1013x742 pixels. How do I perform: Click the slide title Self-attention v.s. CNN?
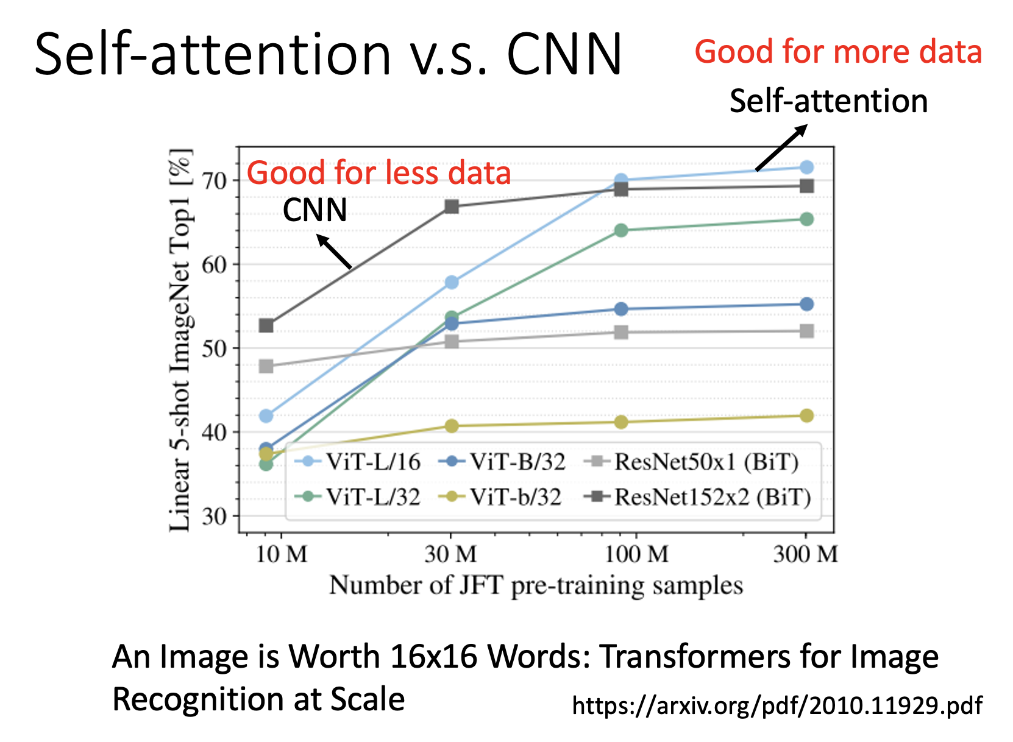(x=328, y=55)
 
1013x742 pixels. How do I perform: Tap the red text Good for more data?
(x=838, y=52)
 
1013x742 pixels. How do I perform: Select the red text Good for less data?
(x=379, y=173)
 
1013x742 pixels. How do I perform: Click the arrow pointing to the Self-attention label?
(x=781, y=147)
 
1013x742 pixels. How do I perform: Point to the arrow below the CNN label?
(x=335, y=252)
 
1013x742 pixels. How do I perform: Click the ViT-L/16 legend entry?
(x=358, y=462)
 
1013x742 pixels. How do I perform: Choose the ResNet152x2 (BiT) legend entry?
(x=697, y=497)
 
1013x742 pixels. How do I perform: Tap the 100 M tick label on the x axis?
(x=636, y=554)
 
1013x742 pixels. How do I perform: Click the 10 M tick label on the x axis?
(x=282, y=554)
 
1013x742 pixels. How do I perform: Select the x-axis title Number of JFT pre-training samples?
(x=536, y=585)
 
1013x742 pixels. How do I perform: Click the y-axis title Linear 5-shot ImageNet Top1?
(x=180, y=339)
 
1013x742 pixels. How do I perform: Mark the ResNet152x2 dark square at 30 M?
(x=452, y=207)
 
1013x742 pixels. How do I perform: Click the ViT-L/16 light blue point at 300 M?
(x=806, y=167)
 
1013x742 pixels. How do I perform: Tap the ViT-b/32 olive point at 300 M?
(x=806, y=415)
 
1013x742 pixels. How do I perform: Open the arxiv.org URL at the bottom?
(x=777, y=705)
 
